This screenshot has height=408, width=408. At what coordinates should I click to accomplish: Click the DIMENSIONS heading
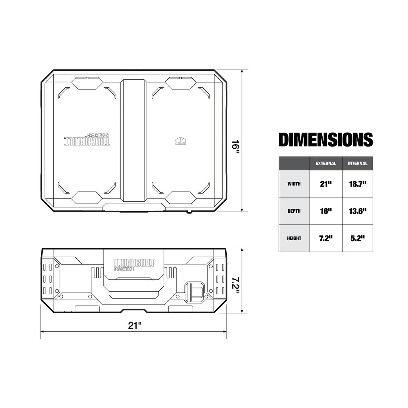(326, 139)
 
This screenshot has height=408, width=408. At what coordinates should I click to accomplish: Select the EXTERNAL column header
(326, 164)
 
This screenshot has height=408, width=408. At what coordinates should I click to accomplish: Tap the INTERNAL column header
(357, 164)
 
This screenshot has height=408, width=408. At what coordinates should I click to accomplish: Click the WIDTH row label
(294, 184)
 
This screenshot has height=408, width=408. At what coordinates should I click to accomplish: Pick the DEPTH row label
(294, 211)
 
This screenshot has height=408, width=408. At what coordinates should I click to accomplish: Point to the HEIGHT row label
(294, 238)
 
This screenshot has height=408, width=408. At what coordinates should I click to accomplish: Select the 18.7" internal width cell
(357, 184)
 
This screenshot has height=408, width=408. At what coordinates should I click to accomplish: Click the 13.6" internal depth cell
(357, 211)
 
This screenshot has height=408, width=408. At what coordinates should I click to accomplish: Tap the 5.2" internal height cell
(357, 238)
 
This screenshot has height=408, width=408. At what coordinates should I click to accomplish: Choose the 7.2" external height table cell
(326, 238)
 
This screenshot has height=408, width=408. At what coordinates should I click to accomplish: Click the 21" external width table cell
(326, 184)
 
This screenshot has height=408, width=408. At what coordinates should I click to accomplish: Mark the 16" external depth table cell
(326, 211)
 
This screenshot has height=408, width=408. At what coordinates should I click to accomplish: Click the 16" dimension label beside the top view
(236, 146)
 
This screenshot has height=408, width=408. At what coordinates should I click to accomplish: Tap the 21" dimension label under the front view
(134, 326)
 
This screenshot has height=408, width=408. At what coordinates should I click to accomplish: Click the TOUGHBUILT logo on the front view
(134, 263)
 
